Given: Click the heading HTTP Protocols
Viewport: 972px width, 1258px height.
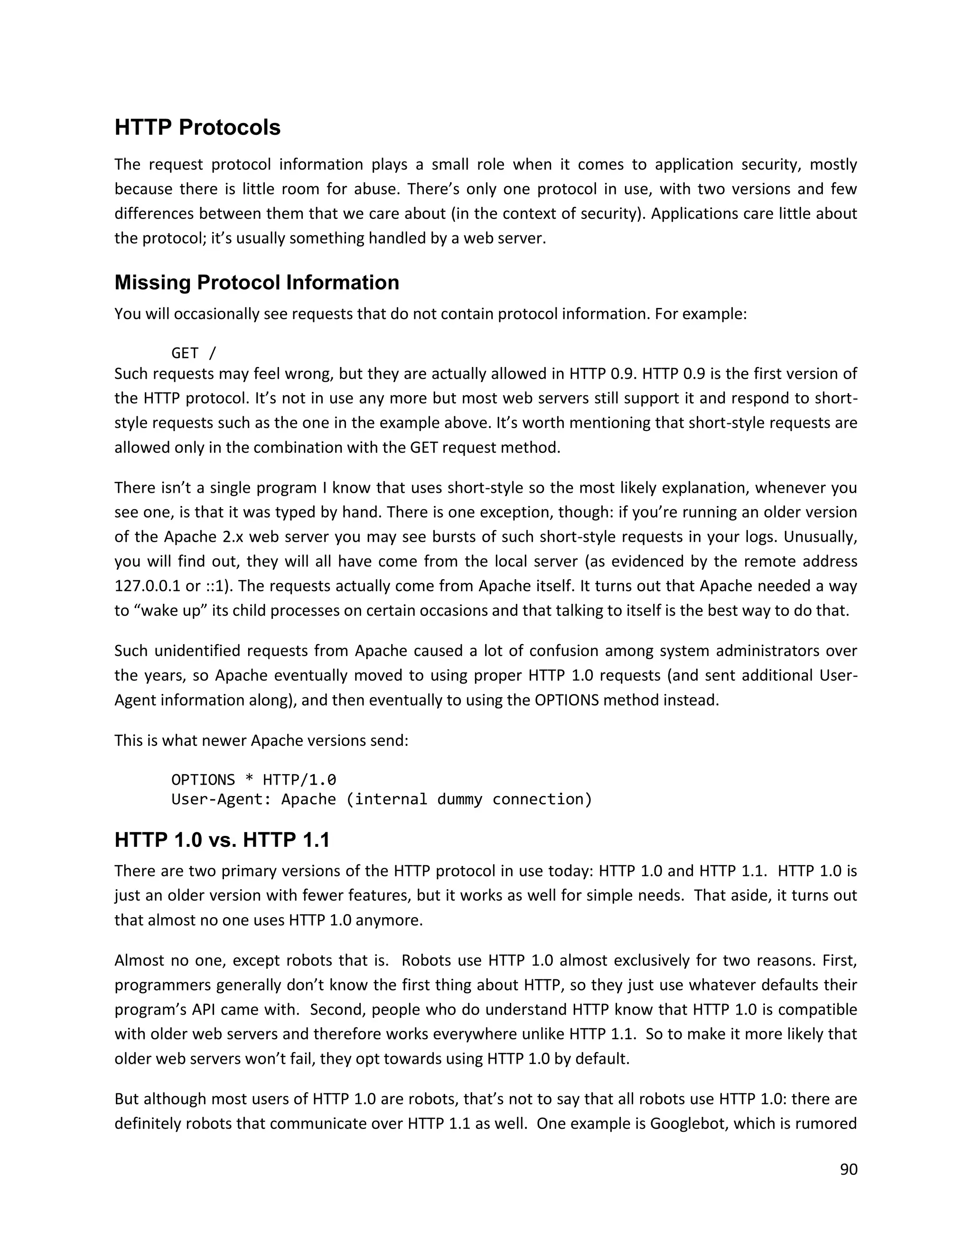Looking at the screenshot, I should [197, 127].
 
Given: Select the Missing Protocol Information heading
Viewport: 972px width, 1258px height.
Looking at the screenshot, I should [257, 282].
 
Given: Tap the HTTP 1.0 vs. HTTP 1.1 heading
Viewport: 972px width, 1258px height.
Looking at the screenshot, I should [222, 840].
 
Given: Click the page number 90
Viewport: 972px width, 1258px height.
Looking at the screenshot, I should [848, 1169].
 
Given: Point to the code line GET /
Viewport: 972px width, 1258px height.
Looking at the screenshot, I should [194, 353].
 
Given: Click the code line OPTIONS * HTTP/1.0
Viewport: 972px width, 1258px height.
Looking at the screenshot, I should [253, 780].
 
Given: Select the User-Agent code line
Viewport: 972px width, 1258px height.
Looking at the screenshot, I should [381, 799].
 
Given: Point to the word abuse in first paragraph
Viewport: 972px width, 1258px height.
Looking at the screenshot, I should [408, 189].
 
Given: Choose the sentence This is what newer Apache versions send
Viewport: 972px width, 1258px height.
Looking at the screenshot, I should [261, 740].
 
